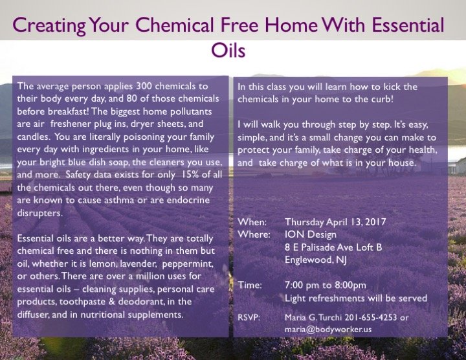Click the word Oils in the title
pos(228,50)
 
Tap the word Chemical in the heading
pos(174,25)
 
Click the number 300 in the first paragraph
pos(144,86)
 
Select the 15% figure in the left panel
pos(190,175)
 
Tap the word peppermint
pos(188,264)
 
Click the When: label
pos(252,222)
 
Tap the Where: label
pos(254,234)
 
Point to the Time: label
pos(250,285)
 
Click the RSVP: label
pos(249,317)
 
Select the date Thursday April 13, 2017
pos(335,222)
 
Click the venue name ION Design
pos(311,234)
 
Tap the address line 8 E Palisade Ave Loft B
pos(333,247)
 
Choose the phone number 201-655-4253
pos(371,317)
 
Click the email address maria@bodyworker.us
pos(328,330)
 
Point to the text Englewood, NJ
pos(316,260)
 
